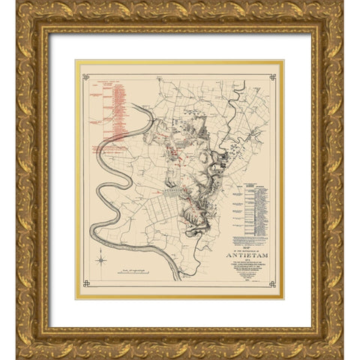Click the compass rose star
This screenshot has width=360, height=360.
[100, 261]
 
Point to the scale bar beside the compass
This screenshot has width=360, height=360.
[144, 268]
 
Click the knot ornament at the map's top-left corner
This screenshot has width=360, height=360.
[85, 76]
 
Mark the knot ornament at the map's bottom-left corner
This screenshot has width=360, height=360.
[85, 283]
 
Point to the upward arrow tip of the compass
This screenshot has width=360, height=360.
[100, 254]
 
